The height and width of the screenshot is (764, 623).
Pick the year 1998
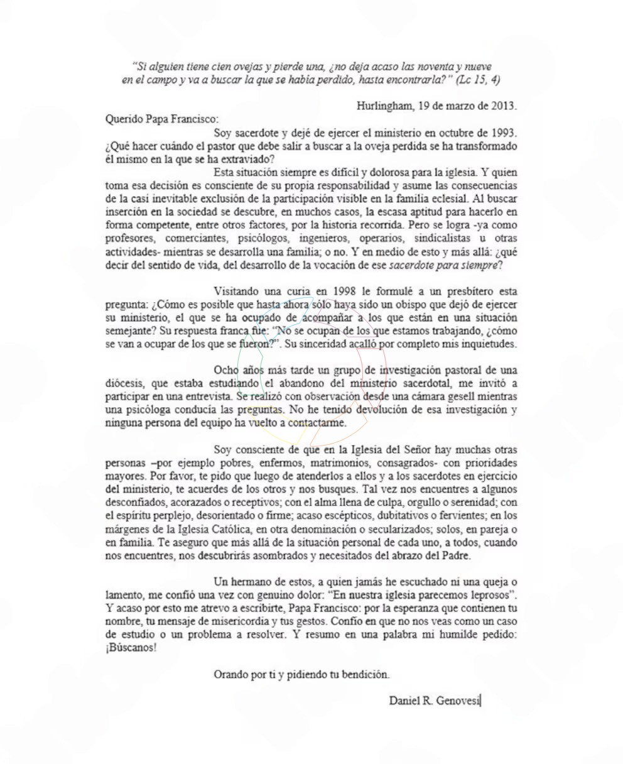click(x=337, y=292)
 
